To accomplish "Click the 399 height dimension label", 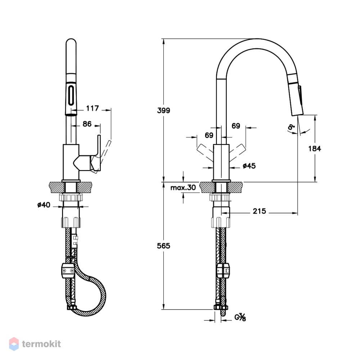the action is pos(163,111).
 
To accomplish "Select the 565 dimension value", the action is pos(163,246).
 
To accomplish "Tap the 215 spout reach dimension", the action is pos(260,211).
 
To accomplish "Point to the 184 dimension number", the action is pos(315,149).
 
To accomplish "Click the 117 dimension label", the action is pos(92,108).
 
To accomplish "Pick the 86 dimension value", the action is pos(87,124).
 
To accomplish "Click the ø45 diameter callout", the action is pos(249,166).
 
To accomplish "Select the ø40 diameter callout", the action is pos(44,204).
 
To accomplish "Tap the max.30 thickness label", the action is pos(183,188).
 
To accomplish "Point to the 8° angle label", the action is pos(291,127).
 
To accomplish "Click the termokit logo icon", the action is pos(14,344).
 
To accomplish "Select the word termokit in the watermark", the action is pos(41,344).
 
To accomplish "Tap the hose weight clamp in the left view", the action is pos(68,270).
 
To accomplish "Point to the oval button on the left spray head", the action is pos(71,95).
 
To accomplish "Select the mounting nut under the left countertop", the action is pos(71,197).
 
